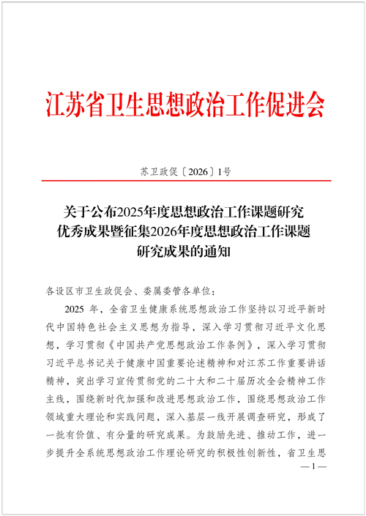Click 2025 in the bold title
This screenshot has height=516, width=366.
click(132, 213)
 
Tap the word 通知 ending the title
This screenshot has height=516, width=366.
click(220, 253)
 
